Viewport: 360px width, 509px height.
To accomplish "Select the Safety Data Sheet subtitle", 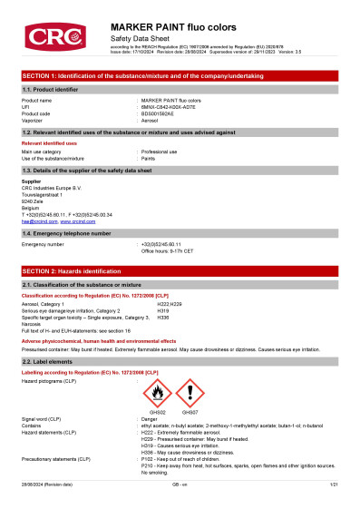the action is tap(138, 41).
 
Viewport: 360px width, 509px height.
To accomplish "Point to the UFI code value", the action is tap(170, 107).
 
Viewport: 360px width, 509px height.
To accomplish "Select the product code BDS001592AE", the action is tap(162, 113).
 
